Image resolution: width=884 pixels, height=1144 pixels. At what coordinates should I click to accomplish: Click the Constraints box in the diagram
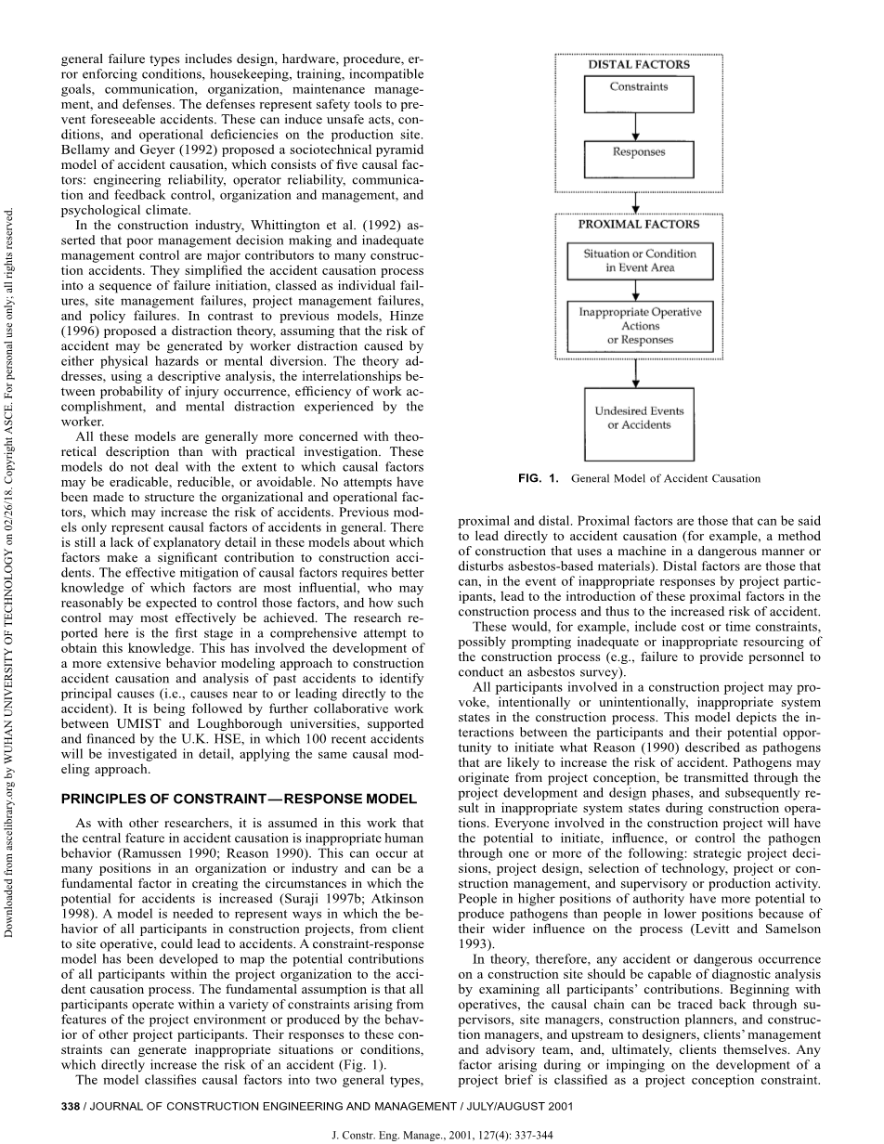coord(638,93)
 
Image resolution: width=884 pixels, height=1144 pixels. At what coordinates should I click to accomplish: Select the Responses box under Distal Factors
coord(638,159)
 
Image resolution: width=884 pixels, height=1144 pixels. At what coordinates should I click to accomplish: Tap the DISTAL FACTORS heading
coord(639,65)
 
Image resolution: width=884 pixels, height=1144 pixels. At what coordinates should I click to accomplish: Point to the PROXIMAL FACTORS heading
coord(639,225)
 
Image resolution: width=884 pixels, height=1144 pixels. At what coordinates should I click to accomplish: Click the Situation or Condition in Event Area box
coord(639,260)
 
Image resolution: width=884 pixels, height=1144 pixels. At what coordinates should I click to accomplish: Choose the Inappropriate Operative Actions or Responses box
coord(639,327)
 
